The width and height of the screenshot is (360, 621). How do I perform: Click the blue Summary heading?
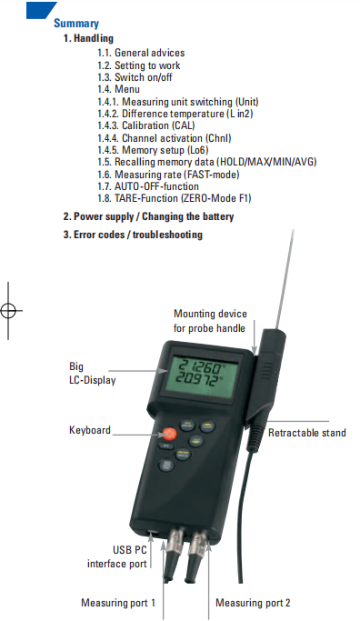76,24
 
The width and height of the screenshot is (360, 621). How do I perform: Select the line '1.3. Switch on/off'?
135,77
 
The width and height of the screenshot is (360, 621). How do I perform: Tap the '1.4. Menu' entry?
118,89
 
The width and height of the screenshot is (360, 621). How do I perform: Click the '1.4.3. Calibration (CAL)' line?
146,125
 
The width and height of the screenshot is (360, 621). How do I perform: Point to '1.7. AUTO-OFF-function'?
148,186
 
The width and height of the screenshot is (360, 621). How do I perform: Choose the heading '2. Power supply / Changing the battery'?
148,216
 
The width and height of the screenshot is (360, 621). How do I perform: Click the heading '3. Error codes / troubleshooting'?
133,235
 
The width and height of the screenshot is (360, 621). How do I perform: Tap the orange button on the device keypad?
169,434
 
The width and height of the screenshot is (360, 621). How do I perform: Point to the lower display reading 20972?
197,380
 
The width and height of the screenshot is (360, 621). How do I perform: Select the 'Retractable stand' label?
307,433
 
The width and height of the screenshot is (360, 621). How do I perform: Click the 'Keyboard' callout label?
90,430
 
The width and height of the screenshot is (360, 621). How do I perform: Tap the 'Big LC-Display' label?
93,373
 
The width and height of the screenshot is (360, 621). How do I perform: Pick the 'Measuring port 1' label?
118,603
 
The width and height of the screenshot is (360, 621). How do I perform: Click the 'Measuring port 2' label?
253,603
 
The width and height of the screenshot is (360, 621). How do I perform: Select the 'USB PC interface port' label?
117,556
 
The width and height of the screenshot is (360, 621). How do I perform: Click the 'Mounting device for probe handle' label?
210,321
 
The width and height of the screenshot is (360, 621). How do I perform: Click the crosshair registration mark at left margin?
8,311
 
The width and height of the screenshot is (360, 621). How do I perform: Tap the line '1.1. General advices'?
141,53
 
